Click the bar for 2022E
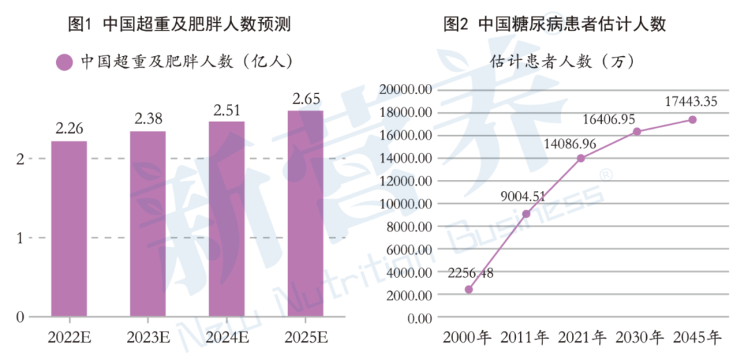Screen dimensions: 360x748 point(69,228)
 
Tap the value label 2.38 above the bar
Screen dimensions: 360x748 point(148,118)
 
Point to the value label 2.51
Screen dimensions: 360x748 point(226,109)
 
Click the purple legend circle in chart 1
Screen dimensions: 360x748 point(64,62)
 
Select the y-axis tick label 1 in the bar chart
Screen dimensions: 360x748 point(20,238)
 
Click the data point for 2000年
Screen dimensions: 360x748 point(469,289)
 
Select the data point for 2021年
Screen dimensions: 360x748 point(581,159)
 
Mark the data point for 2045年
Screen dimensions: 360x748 point(693,120)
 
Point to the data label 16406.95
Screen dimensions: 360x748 point(609,119)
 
